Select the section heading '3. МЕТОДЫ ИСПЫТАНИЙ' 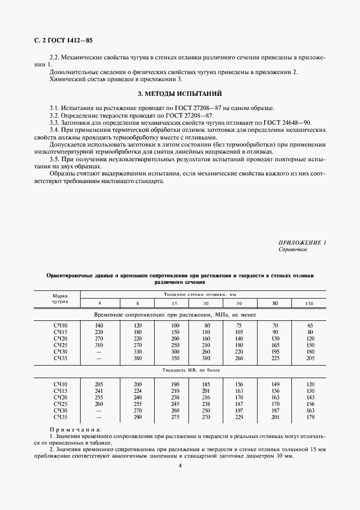(180, 93)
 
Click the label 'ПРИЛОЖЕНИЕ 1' (302, 242)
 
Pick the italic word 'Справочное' (293, 249)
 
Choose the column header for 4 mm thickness (99, 303)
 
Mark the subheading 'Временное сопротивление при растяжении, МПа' (179, 315)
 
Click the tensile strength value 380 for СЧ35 (138, 359)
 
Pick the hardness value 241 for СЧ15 (99, 391)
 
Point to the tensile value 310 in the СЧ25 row (99, 345)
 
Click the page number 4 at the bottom (180, 465)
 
